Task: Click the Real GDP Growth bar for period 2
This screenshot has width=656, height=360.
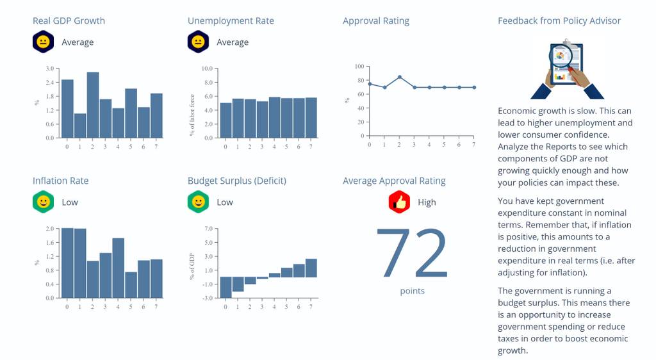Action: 93,105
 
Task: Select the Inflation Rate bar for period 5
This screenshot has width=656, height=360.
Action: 131,285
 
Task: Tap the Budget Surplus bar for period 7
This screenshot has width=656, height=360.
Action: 311,268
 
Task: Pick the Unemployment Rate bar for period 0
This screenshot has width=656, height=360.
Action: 225,120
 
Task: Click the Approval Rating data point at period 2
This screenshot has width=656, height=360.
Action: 400,78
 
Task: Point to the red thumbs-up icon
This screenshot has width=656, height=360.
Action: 399,202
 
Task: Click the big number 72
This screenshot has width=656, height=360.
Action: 412,253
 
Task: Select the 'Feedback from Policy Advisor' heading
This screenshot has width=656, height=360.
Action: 559,21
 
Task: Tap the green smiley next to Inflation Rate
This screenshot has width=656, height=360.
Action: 43,202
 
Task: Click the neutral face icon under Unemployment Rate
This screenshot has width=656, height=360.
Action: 198,42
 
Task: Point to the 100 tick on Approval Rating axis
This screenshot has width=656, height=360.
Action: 359,67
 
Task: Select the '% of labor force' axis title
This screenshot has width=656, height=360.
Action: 192,115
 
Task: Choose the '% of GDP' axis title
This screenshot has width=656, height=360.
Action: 192,266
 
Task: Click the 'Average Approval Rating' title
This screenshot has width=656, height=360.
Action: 394,181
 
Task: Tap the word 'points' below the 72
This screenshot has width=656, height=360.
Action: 412,291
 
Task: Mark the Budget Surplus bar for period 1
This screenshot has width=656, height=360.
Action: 238,284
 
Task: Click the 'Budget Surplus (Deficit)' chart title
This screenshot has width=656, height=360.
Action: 237,181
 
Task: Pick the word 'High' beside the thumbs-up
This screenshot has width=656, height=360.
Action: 427,202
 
